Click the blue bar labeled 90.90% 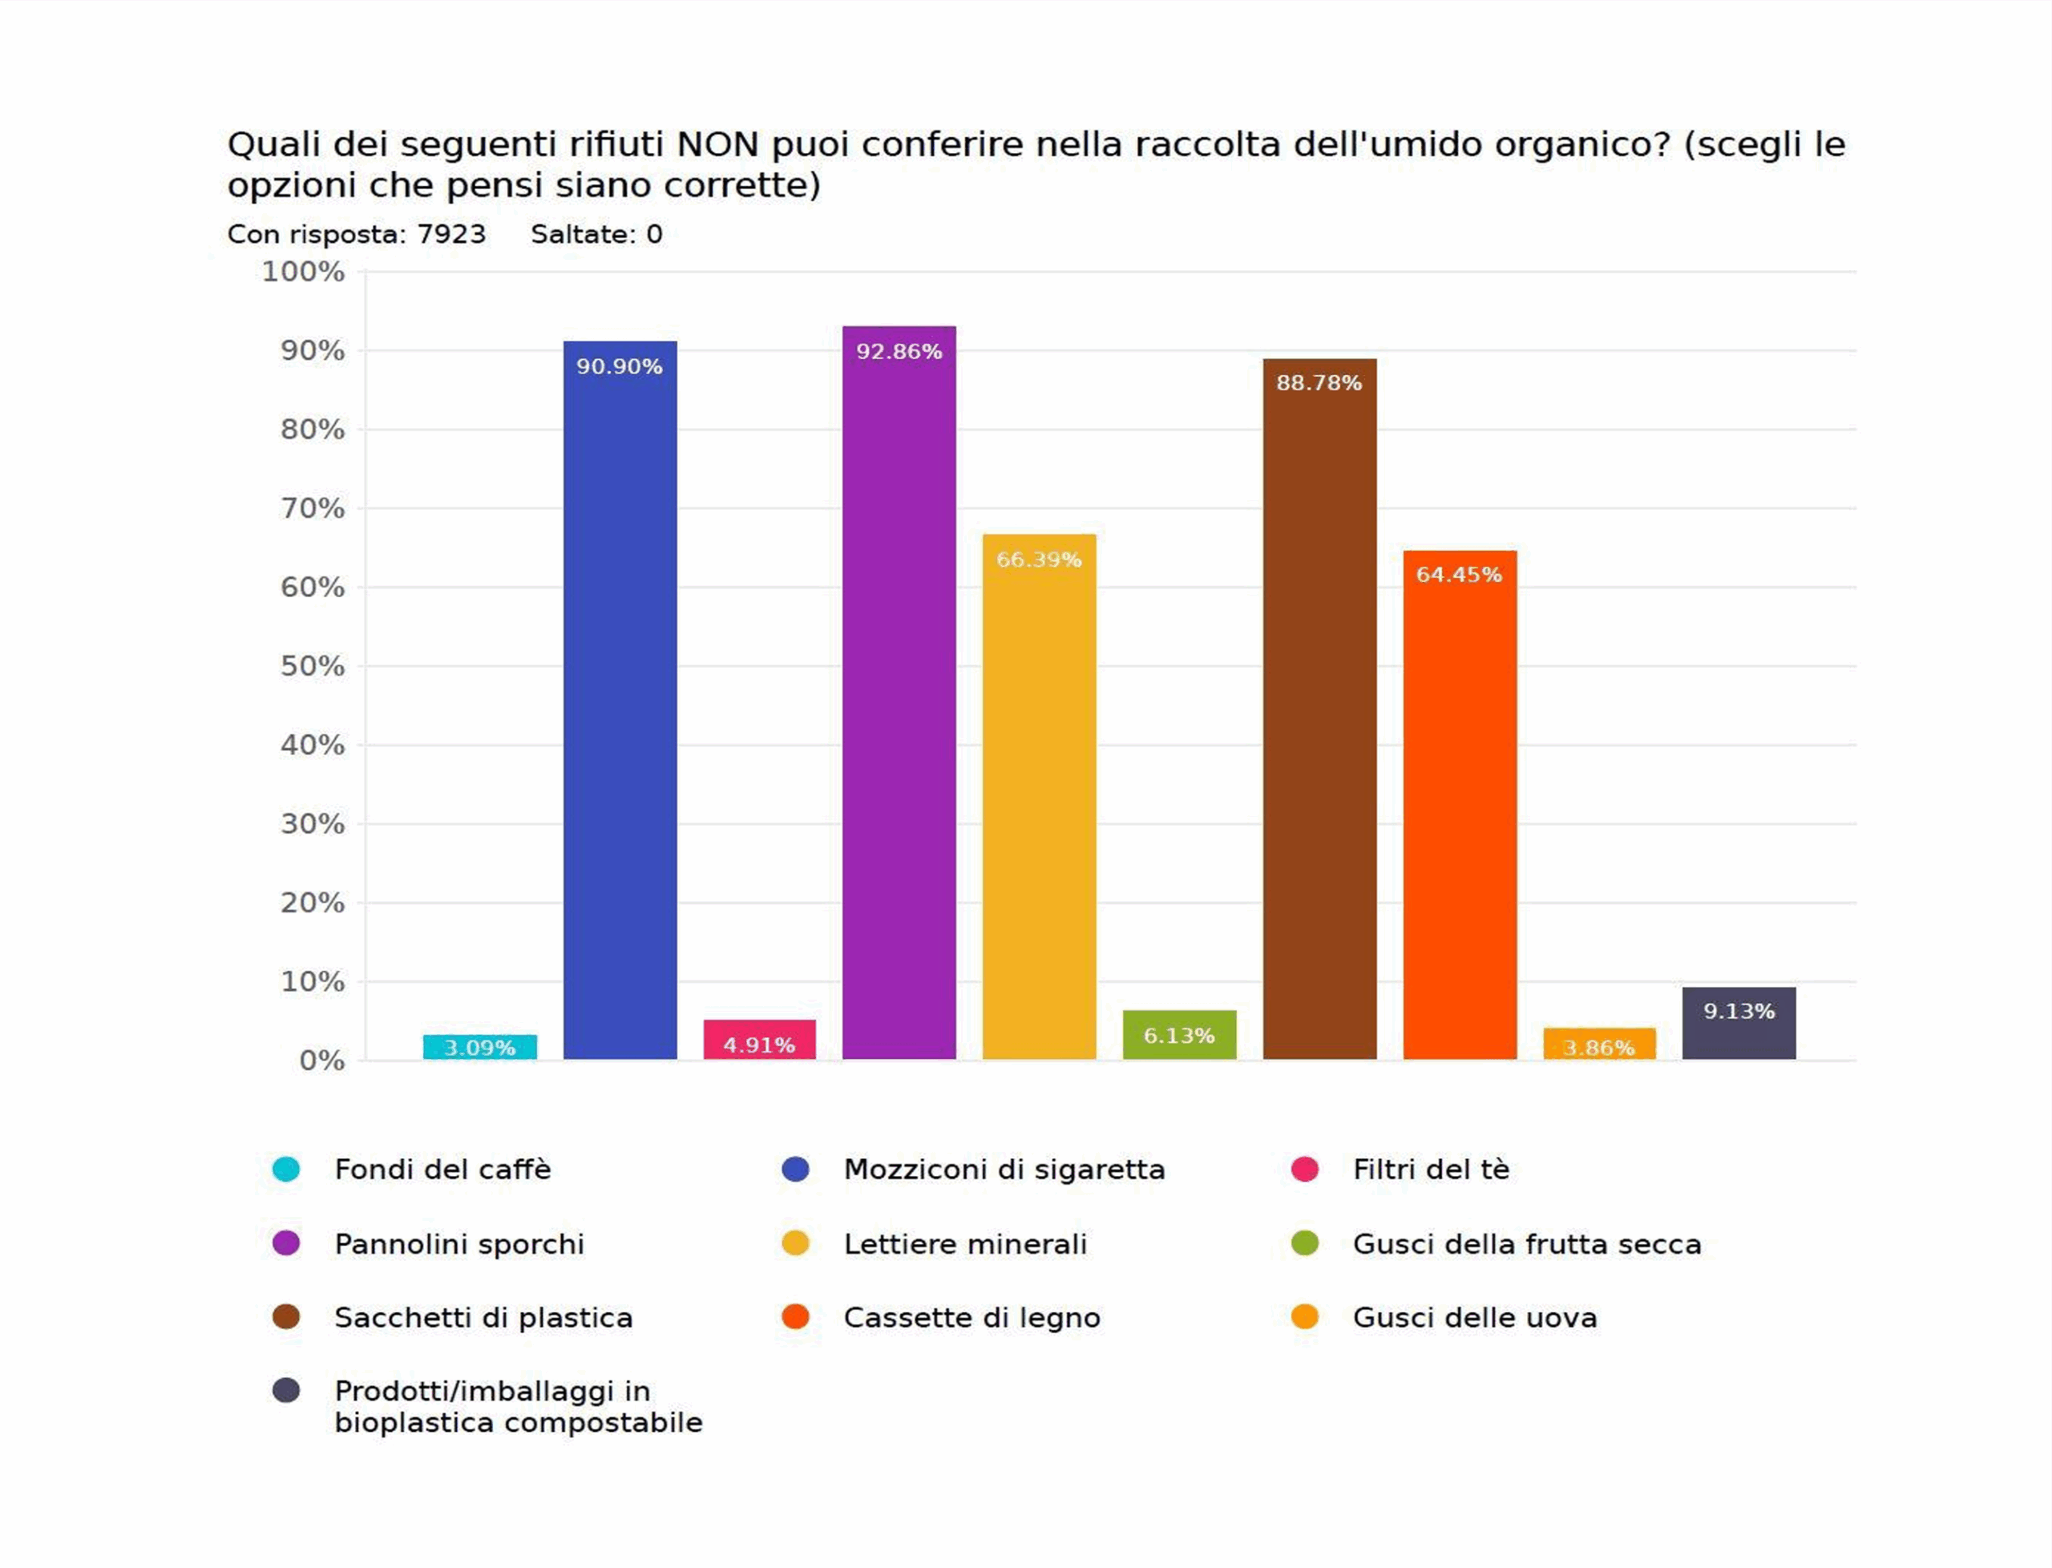620,709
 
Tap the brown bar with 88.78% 1319,718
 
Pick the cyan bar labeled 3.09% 479,1047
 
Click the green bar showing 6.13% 1180,1034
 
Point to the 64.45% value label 1459,575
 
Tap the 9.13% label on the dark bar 1739,1012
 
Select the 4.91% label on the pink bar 758,1045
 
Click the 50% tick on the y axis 313,666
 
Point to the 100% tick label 303,272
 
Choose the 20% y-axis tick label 313,903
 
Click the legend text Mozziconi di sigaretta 1004,1170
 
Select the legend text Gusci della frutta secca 1527,1244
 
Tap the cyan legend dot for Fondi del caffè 286,1170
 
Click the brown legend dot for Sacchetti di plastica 286,1317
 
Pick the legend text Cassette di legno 971,1318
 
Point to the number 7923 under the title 450,234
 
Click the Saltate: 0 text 596,234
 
